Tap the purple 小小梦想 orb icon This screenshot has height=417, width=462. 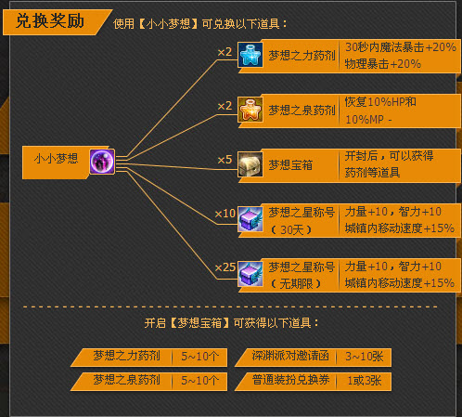click(102, 162)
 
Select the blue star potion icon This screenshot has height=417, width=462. click(250, 55)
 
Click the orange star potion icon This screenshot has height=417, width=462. click(250, 110)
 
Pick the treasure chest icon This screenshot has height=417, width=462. click(250, 164)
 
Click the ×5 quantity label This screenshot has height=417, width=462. click(225, 160)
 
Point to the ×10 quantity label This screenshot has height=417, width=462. click(225, 214)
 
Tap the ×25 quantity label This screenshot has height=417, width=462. click(225, 267)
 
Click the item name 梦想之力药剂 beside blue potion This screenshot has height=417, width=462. click(302, 56)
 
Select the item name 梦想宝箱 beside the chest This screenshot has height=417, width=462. click(290, 165)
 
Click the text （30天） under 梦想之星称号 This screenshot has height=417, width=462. click(290, 229)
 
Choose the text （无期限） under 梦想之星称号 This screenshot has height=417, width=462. click(295, 284)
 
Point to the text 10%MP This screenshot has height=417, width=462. click(365, 120)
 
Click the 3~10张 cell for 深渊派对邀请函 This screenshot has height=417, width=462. click(364, 357)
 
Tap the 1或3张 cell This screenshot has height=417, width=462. click(364, 381)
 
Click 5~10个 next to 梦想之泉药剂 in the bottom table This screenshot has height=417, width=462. click(199, 381)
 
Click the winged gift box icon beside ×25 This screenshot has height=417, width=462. click(250, 274)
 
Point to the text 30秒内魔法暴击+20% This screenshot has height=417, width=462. click(401, 47)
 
